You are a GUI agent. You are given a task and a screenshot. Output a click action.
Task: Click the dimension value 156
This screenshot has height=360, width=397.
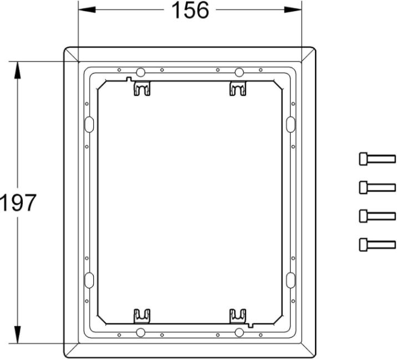190,10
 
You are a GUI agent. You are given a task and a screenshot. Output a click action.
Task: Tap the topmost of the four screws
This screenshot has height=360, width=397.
377,159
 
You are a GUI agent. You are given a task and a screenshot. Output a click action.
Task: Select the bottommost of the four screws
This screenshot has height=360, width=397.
377,245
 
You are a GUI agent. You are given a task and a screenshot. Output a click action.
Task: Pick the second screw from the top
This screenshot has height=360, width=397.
377,187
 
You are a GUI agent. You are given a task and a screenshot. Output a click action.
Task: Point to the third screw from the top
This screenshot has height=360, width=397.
377,216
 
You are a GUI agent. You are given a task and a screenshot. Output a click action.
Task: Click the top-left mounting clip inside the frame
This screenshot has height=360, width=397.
142,88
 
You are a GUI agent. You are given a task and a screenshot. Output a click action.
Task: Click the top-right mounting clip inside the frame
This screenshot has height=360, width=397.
238,88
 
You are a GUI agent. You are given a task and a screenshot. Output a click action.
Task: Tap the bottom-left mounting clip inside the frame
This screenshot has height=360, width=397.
142,316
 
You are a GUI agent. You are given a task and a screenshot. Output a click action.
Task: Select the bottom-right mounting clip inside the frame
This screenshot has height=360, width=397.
238,316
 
